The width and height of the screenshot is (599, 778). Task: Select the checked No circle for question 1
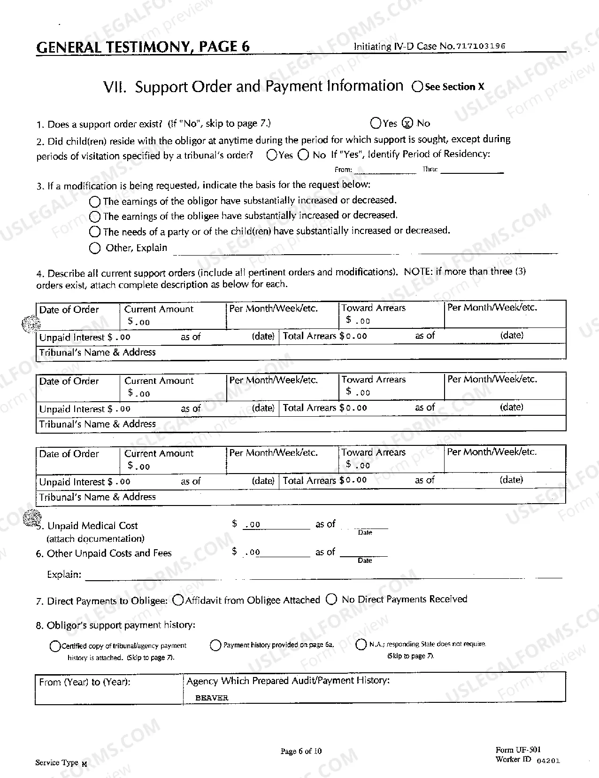pos(408,124)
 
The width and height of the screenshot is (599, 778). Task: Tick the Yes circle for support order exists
pos(376,124)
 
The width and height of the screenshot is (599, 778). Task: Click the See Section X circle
pos(417,87)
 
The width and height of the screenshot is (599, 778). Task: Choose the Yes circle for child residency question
pos(271,155)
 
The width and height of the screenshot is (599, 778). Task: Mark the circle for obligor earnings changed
pos(95,202)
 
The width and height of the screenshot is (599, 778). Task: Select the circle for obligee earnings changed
pos(95,217)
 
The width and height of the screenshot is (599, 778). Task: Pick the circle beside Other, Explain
pos(95,248)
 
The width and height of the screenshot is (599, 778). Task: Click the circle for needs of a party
pos(95,232)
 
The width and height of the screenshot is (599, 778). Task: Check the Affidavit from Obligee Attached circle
pos(178,600)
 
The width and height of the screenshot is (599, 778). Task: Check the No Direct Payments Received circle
pos(331,599)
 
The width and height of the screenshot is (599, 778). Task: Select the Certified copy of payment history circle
pos(55,646)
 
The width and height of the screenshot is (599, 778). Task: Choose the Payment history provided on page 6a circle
pos(215,646)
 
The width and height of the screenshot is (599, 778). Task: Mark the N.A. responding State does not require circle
pos(361,645)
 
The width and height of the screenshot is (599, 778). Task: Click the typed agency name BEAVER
pos(212,698)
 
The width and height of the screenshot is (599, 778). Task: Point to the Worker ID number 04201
pos(548,761)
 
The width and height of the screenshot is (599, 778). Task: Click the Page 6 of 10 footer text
pos(301,751)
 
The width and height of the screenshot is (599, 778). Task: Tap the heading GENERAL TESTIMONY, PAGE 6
pos(143,47)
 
